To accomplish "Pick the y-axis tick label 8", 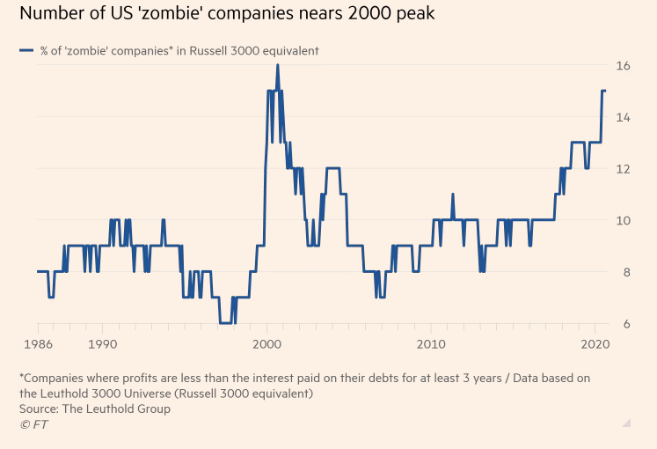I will (624, 272).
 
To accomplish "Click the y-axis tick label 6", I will (624, 324).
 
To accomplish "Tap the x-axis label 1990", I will (103, 342).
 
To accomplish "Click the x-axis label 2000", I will (267, 342).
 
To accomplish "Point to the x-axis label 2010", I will (431, 342).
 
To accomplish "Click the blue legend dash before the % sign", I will (26, 51).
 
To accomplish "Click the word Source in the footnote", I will (38, 409).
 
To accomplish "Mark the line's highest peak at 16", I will (277, 65).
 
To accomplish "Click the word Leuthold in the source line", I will (117, 409).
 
